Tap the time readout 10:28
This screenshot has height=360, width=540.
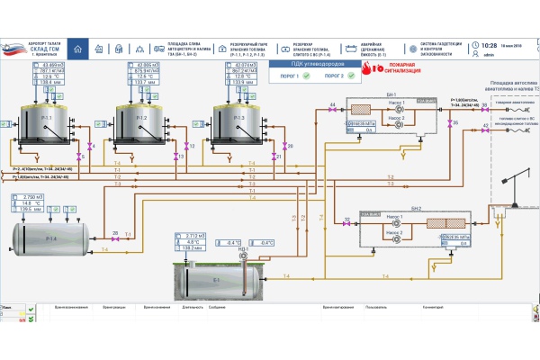490,45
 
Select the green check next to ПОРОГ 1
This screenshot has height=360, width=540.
307,76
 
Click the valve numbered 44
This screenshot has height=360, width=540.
333,112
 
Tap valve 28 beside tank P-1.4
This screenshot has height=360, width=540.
114,238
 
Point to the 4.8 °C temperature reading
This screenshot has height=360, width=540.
192,242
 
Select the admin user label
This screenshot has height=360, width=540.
490,54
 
